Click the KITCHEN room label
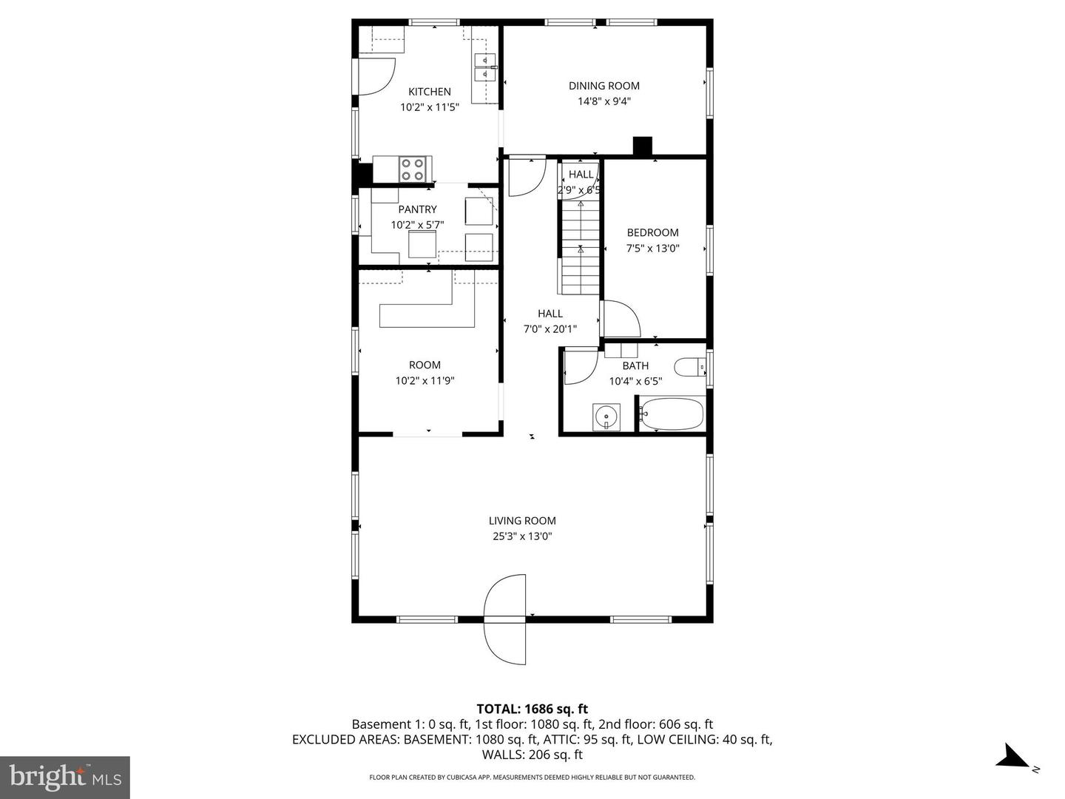430,92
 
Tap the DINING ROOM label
603,86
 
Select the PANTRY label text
417,209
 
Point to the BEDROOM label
652,232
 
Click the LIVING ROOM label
522,521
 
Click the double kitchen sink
484,67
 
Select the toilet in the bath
690,367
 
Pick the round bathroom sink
606,417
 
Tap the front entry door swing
506,618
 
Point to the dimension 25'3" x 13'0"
522,536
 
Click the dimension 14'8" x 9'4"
603,102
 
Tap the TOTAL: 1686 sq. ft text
532,709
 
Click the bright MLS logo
65,777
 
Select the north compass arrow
1012,758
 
